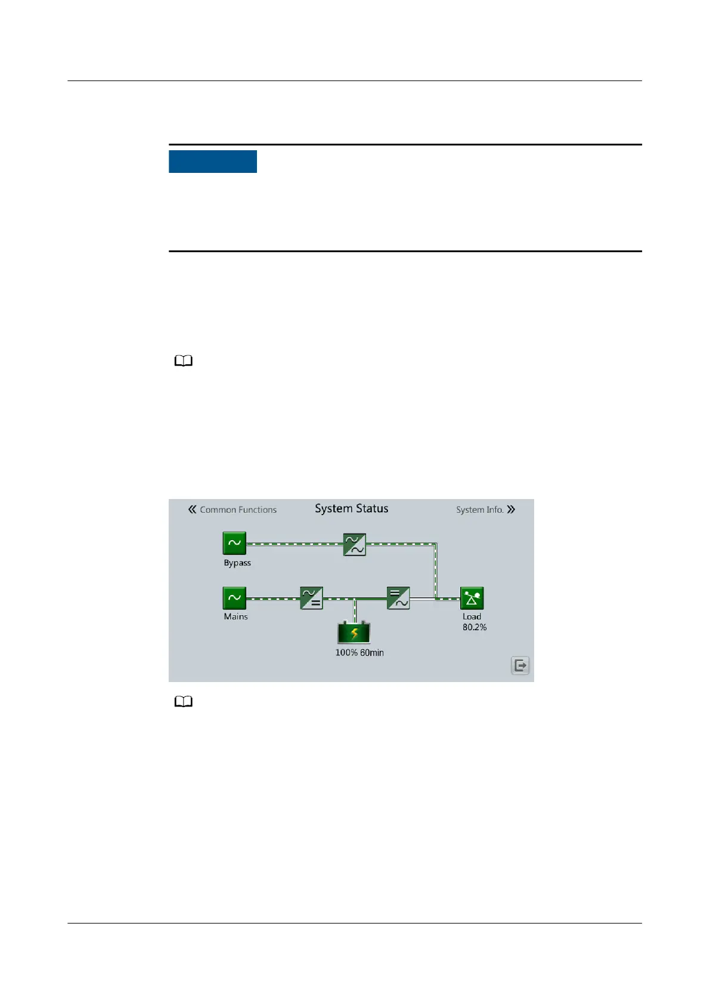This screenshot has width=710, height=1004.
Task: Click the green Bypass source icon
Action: point(234,543)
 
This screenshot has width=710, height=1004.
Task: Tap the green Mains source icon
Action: point(234,598)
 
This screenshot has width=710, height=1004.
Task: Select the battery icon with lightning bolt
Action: point(354,633)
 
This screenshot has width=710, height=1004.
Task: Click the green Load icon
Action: point(472,598)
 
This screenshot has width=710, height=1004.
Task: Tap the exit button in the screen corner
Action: point(520,665)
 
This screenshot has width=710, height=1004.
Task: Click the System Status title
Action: point(351,509)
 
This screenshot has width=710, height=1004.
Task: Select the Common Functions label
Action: point(238,510)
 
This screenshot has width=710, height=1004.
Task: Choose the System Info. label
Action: point(479,510)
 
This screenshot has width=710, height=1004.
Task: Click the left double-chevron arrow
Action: point(192,509)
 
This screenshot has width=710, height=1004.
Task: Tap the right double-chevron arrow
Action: point(511,510)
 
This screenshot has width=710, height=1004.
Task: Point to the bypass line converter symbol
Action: point(354,544)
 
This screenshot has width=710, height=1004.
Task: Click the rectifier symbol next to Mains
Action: point(311,598)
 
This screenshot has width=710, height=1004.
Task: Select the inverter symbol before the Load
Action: point(398,598)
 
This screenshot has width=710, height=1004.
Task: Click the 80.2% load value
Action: point(475,627)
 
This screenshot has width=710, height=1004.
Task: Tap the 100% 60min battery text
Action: point(359,653)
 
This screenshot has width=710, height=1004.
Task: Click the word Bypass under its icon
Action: point(237,563)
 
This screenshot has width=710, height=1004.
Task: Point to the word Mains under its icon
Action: point(235,616)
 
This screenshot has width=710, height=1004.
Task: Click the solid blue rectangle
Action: point(213,162)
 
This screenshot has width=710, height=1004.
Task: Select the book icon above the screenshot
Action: point(184,361)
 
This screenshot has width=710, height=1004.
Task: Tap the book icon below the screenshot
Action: point(184,702)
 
